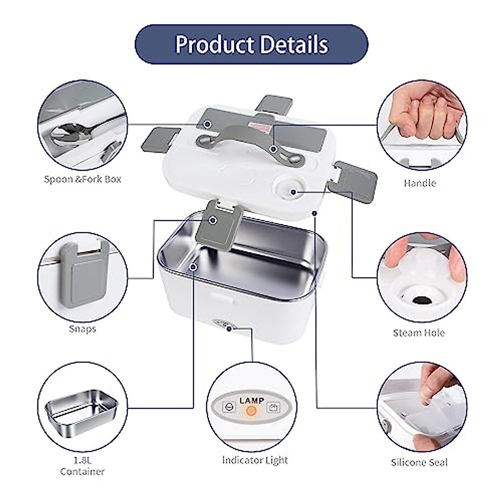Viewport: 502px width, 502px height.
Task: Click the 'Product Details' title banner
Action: (x=251, y=44)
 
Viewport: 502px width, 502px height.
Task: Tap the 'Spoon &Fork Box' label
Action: (x=82, y=179)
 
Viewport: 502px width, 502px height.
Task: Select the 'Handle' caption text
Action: (x=420, y=183)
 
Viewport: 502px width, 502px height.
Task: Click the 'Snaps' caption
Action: (x=82, y=329)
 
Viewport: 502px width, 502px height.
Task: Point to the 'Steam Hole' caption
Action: (x=419, y=333)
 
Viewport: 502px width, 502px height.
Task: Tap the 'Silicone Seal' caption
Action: (x=419, y=462)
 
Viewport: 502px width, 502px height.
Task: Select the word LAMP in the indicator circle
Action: (x=252, y=400)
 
